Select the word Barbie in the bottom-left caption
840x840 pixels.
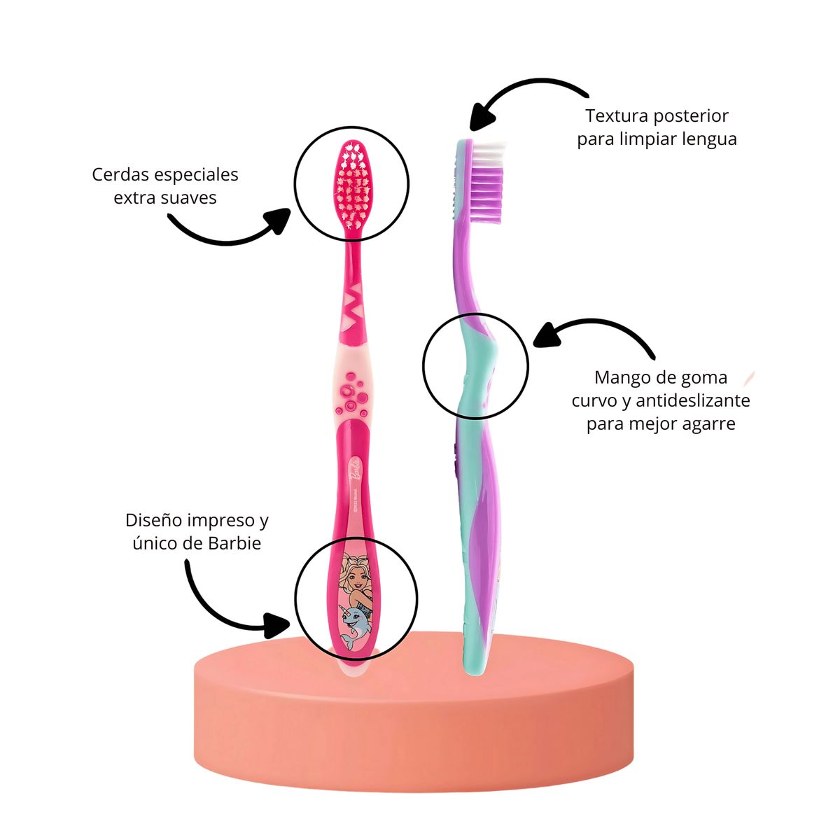tap(234, 543)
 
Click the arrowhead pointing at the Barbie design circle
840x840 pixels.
tap(279, 622)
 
